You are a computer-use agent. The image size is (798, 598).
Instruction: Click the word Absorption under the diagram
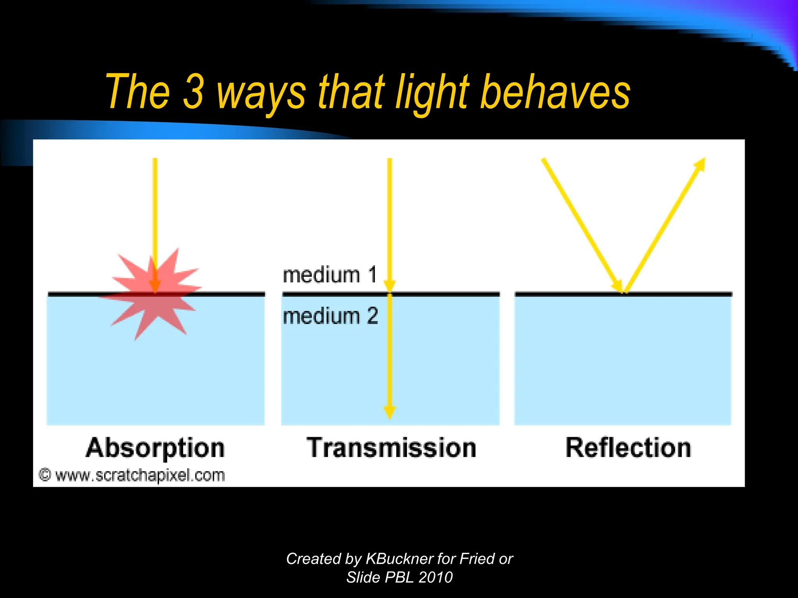(x=155, y=448)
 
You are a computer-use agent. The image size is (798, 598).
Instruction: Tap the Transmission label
(x=391, y=448)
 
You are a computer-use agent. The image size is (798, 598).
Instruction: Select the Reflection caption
(x=628, y=448)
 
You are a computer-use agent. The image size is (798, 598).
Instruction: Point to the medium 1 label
(x=330, y=275)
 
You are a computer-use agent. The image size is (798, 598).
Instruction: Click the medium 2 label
(x=330, y=316)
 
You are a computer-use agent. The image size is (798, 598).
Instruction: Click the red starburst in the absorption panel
(x=152, y=294)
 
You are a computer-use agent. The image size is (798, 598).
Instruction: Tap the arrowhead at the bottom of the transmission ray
(x=390, y=412)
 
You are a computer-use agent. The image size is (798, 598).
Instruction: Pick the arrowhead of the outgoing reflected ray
(x=700, y=164)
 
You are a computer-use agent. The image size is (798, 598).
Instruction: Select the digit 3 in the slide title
(x=194, y=92)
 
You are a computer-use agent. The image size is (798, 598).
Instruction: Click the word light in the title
(x=433, y=93)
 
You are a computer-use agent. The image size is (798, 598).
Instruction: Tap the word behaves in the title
(x=555, y=92)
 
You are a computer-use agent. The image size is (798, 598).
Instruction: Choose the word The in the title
(x=138, y=92)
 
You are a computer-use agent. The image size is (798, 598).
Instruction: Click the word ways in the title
(x=261, y=93)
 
